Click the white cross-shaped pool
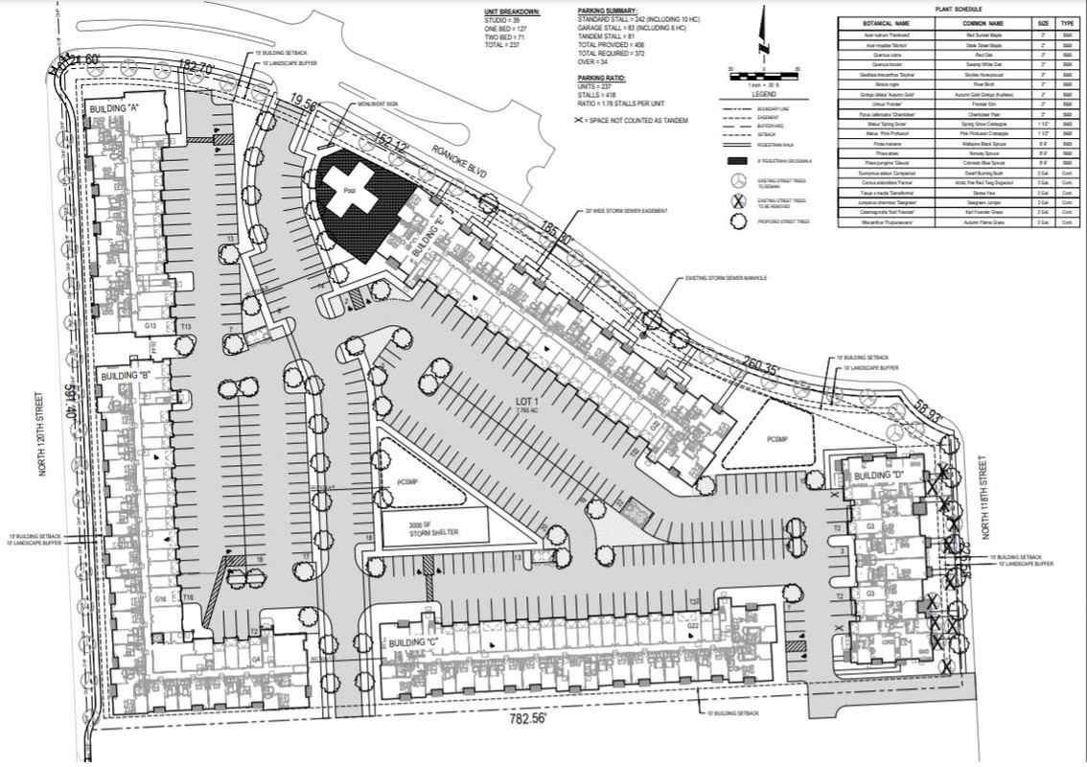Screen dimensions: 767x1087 point(349,183)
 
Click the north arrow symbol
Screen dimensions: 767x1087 point(764,33)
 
